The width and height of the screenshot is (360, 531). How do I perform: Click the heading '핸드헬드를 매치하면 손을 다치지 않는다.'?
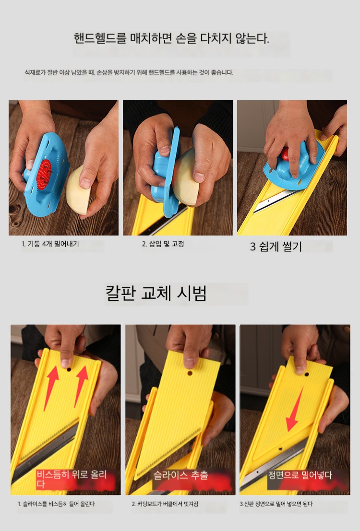click(x=171, y=38)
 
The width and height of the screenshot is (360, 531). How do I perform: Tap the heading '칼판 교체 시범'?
click(x=156, y=293)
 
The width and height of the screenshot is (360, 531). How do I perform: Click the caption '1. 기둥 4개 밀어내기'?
click(x=50, y=244)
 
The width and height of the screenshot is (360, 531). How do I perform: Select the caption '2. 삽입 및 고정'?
click(x=163, y=244)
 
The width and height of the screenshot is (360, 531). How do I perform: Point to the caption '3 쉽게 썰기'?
click(x=276, y=246)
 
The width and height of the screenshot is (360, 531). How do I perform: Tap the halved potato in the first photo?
click(x=79, y=189)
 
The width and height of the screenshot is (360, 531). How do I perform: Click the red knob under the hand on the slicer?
click(x=285, y=153)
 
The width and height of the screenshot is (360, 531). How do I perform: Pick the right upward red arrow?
click(x=81, y=386)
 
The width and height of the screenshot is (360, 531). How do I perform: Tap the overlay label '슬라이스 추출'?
click(x=180, y=475)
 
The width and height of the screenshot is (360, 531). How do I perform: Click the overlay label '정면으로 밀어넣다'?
click(x=300, y=475)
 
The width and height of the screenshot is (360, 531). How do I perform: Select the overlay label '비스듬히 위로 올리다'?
click(x=72, y=479)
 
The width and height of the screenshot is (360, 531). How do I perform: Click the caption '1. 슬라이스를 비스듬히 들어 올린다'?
click(x=56, y=504)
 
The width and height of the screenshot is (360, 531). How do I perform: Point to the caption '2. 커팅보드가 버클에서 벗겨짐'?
click(x=165, y=504)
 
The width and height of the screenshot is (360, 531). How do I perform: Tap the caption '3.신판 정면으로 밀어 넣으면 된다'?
click(x=276, y=504)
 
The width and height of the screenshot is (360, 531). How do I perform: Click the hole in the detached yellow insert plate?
click(x=190, y=373)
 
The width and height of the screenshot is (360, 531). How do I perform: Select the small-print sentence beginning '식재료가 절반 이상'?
click(x=129, y=72)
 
